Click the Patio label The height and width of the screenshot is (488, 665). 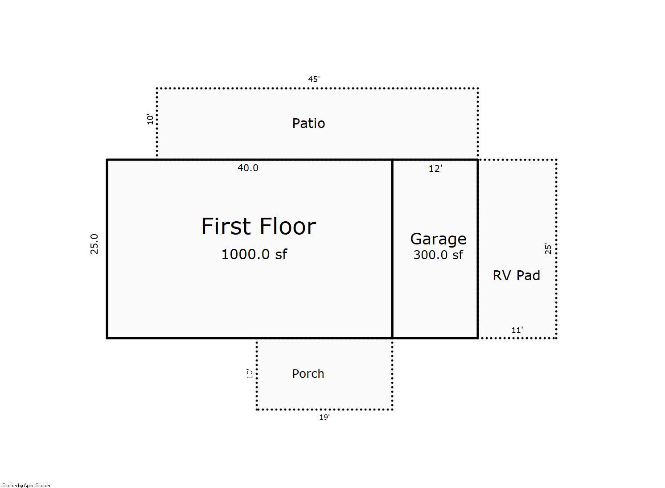pyautogui.click(x=308, y=123)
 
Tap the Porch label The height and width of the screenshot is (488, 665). pyautogui.click(x=308, y=373)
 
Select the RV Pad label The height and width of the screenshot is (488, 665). pyautogui.click(x=516, y=276)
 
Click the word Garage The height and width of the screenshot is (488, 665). pyautogui.click(x=438, y=239)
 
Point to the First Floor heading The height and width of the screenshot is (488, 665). pyautogui.click(x=259, y=227)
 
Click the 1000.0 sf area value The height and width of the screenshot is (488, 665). pyautogui.click(x=254, y=254)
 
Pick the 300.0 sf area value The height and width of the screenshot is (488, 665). pyautogui.click(x=438, y=255)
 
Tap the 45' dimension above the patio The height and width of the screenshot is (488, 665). pyautogui.click(x=314, y=79)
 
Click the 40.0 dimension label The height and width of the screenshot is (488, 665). pyautogui.click(x=248, y=168)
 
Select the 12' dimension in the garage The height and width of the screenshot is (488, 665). pyautogui.click(x=435, y=169)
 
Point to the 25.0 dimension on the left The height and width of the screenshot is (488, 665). pyautogui.click(x=94, y=244)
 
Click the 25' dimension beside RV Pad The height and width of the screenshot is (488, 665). pyautogui.click(x=548, y=249)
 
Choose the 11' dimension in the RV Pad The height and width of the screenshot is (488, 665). pyautogui.click(x=517, y=330)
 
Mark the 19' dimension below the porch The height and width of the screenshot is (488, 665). pyautogui.click(x=324, y=417)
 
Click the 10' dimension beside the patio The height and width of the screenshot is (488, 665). pyautogui.click(x=150, y=119)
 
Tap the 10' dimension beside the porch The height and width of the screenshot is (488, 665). pyautogui.click(x=250, y=373)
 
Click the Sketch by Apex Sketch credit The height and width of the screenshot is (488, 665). pyautogui.click(x=26, y=485)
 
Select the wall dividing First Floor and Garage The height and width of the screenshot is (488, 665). pyautogui.click(x=392, y=249)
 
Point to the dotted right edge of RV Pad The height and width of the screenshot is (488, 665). pyautogui.click(x=556, y=249)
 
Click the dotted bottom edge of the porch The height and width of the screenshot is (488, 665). pyautogui.click(x=324, y=409)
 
